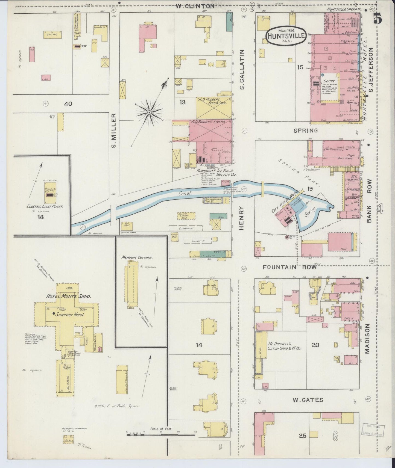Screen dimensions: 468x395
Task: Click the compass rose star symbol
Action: pos(150,112)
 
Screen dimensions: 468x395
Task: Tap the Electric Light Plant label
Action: pos(45,206)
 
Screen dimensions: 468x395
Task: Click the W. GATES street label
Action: pos(308,400)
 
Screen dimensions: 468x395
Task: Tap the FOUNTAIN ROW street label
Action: pos(289,267)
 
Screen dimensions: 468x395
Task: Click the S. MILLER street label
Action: pos(114,131)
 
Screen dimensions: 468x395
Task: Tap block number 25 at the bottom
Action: pos(303,436)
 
